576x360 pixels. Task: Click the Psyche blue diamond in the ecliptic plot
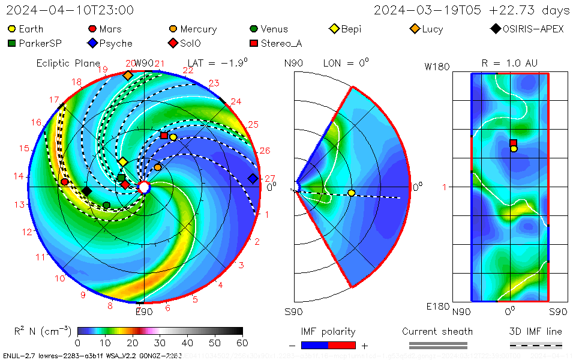pyautogui.click(x=253, y=178)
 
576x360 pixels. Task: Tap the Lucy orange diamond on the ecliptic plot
pyautogui.click(x=128, y=76)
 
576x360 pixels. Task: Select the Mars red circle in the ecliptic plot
pyautogui.click(x=65, y=182)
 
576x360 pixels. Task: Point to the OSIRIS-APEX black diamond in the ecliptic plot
pyautogui.click(x=86, y=191)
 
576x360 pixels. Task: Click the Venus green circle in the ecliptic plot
pyautogui.click(x=106, y=205)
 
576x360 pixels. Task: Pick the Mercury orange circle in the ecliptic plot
pyautogui.click(x=158, y=167)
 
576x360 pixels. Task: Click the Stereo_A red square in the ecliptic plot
pyautogui.click(x=164, y=136)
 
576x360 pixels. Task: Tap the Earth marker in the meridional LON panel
pyautogui.click(x=352, y=193)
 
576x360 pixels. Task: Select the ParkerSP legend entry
pyautogui.click(x=35, y=43)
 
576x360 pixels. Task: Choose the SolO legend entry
pyautogui.click(x=186, y=43)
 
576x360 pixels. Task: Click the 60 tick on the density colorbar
pyautogui.click(x=242, y=343)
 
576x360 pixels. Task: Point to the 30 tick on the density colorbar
pyautogui.click(x=160, y=343)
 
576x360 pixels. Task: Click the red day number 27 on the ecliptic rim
pyautogui.click(x=270, y=178)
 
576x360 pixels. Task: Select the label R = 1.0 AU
pyautogui.click(x=509, y=63)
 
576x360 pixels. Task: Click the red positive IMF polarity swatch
pyautogui.click(x=342, y=345)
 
